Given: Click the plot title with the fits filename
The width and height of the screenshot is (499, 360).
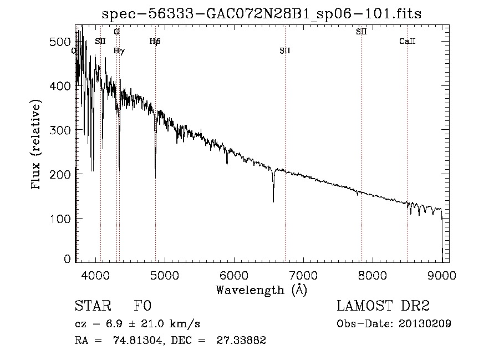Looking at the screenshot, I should (261, 14).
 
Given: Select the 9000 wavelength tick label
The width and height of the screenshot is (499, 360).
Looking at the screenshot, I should (442, 275).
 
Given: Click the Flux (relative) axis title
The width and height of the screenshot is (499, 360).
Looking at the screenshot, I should (37, 145).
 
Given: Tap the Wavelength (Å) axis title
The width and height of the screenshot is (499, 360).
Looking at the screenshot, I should (261, 290).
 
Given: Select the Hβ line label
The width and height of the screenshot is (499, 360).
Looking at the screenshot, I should (155, 41).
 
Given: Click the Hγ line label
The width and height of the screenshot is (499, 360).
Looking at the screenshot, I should (119, 50).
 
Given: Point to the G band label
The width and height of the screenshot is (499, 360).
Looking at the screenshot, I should (116, 32).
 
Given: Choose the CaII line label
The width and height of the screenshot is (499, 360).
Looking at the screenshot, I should (408, 41).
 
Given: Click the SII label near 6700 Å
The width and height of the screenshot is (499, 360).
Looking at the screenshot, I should (285, 50).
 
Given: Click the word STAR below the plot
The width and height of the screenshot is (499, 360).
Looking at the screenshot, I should (91, 306).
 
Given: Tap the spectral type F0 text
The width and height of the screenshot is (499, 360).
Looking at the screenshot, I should (142, 306).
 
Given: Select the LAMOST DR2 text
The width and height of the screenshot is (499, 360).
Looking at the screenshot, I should (383, 306).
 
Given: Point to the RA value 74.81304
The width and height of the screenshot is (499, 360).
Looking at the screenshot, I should (141, 341).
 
